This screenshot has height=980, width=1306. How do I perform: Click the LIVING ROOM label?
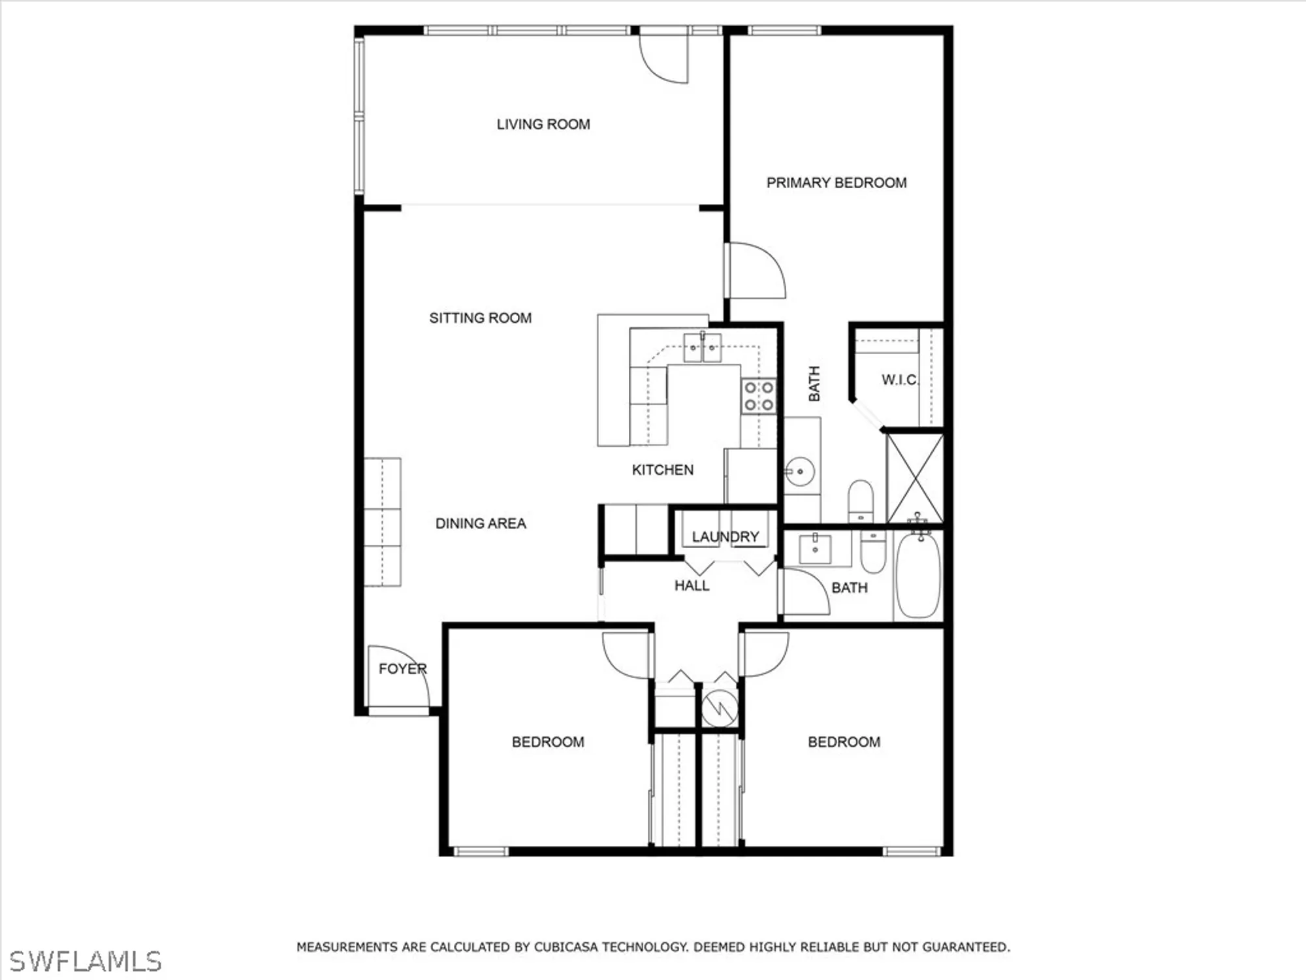(543, 124)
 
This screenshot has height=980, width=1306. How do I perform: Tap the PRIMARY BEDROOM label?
(836, 183)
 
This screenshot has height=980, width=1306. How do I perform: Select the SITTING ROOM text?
(480, 318)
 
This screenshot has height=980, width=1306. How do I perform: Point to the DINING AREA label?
(481, 523)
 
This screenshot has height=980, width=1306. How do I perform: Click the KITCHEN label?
(662, 470)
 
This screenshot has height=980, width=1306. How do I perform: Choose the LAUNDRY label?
(725, 537)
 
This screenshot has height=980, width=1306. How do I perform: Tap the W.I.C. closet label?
(899, 380)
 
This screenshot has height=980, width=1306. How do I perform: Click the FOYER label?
(402, 669)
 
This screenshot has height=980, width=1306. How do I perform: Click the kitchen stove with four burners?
(759, 397)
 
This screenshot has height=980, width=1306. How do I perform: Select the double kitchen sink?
(703, 348)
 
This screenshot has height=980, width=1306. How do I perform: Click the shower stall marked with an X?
(916, 479)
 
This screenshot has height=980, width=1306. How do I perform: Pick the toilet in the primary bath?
(860, 500)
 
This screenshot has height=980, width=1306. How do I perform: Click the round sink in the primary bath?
(799, 471)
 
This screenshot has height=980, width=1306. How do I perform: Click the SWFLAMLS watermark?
(85, 961)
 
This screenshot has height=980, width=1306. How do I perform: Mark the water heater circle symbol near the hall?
(720, 708)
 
